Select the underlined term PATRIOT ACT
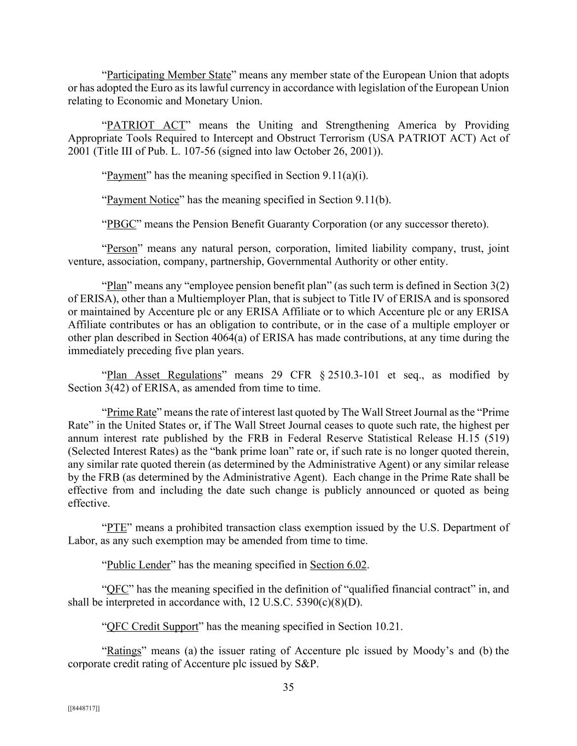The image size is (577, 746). (x=146, y=125)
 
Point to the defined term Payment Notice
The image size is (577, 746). (x=143, y=200)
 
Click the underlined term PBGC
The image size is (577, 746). (x=121, y=224)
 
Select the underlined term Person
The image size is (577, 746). (x=122, y=249)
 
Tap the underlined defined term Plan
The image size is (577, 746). (x=116, y=286)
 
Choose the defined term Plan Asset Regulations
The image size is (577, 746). (x=164, y=375)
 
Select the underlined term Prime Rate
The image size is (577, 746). (x=131, y=412)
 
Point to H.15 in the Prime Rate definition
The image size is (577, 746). (x=467, y=438)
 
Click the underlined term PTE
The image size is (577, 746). (x=116, y=528)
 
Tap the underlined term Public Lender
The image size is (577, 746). (x=138, y=565)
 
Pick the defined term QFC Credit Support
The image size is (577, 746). (x=152, y=627)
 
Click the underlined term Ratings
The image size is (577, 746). (x=124, y=651)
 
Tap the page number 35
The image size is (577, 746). (x=288, y=688)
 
